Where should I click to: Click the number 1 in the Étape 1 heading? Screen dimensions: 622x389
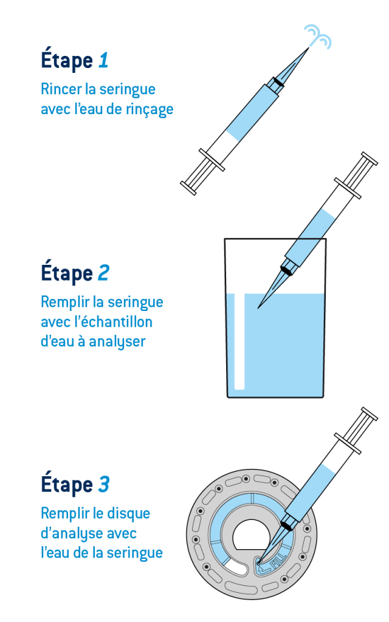[x=103, y=61]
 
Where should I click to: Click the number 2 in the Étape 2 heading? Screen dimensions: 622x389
[x=103, y=273]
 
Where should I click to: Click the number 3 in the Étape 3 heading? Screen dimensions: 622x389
[x=104, y=485]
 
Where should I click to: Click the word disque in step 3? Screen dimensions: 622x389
[x=129, y=513]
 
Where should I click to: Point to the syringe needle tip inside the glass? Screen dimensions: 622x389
[x=260, y=306]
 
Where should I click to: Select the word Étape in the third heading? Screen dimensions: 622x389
[x=66, y=485]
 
